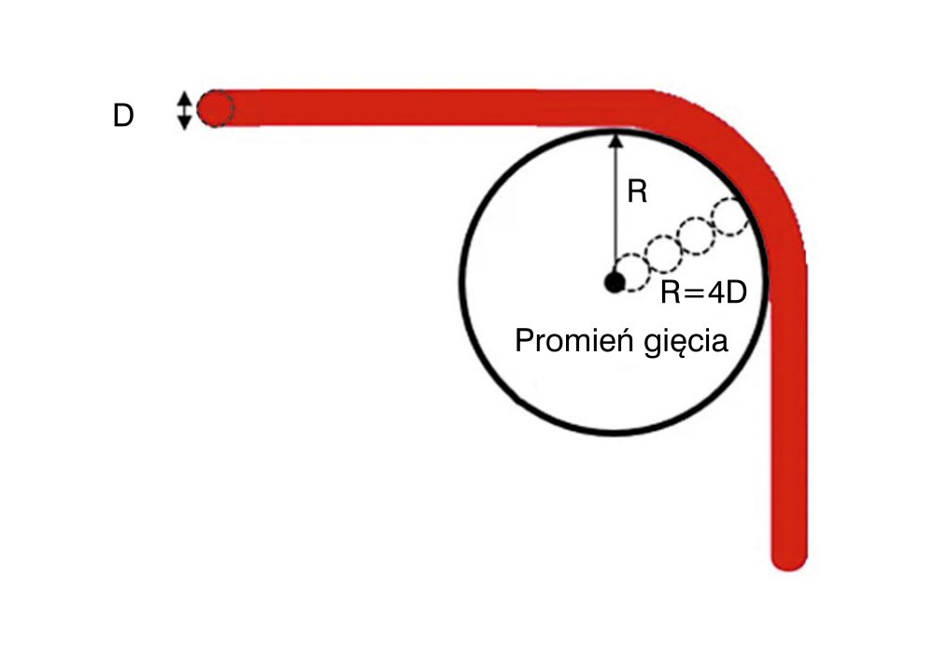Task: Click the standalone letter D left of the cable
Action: click(123, 116)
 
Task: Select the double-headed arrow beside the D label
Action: click(185, 110)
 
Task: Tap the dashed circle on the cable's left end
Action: click(216, 108)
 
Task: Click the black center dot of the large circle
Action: click(615, 282)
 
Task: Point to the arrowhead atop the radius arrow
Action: click(616, 140)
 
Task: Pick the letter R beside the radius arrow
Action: click(637, 192)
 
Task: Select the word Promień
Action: click(573, 340)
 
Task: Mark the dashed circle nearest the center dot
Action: click(631, 273)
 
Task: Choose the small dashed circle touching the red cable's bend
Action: click(731, 216)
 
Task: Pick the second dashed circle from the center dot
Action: click(663, 254)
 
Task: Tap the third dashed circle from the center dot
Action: click(697, 235)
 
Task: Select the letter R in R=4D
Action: click(672, 293)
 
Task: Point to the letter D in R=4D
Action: click(737, 293)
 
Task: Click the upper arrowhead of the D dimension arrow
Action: click(185, 96)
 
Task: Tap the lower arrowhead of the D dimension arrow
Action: click(185, 123)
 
